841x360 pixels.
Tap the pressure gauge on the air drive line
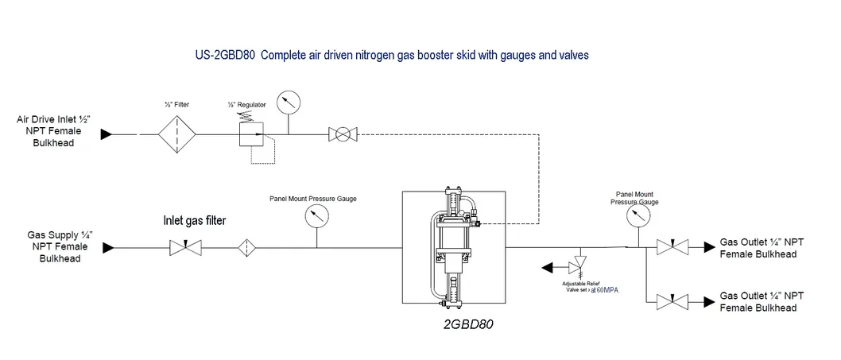point(287,103)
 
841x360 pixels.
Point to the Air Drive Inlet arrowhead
point(106,135)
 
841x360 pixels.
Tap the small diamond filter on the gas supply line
point(248,249)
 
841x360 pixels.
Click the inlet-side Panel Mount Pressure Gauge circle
point(316,216)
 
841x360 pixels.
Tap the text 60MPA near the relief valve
point(606,290)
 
